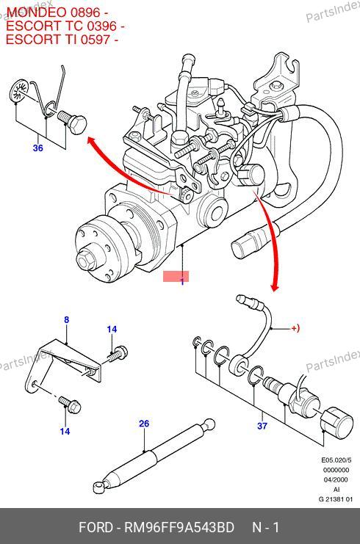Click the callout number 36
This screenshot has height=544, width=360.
pyautogui.click(x=38, y=148)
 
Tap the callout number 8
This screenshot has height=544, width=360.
pyautogui.click(x=67, y=320)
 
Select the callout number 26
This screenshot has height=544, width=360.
pyautogui.click(x=144, y=424)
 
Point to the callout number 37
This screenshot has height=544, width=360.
pyautogui.click(x=262, y=426)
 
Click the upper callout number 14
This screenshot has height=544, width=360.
pyautogui.click(x=112, y=329)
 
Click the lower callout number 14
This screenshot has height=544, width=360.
pyautogui.click(x=65, y=431)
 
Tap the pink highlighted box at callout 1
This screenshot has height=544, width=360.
pyautogui.click(x=176, y=277)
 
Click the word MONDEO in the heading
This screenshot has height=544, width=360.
pyautogui.click(x=37, y=12)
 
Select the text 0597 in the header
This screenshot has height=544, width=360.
pyautogui.click(x=95, y=39)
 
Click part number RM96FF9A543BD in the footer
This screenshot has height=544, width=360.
pyautogui.click(x=179, y=527)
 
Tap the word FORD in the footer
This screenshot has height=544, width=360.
pyautogui.click(x=96, y=527)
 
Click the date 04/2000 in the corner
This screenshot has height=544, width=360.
pyautogui.click(x=336, y=480)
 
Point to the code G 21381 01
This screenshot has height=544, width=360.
pyautogui.click(x=335, y=499)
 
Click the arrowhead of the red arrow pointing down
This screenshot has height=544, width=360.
pyautogui.click(x=275, y=288)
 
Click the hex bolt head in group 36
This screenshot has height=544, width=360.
pyautogui.click(x=78, y=124)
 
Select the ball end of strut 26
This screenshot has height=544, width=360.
pyautogui.click(x=209, y=424)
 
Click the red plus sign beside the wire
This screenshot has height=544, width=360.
pyautogui.click(x=294, y=328)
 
